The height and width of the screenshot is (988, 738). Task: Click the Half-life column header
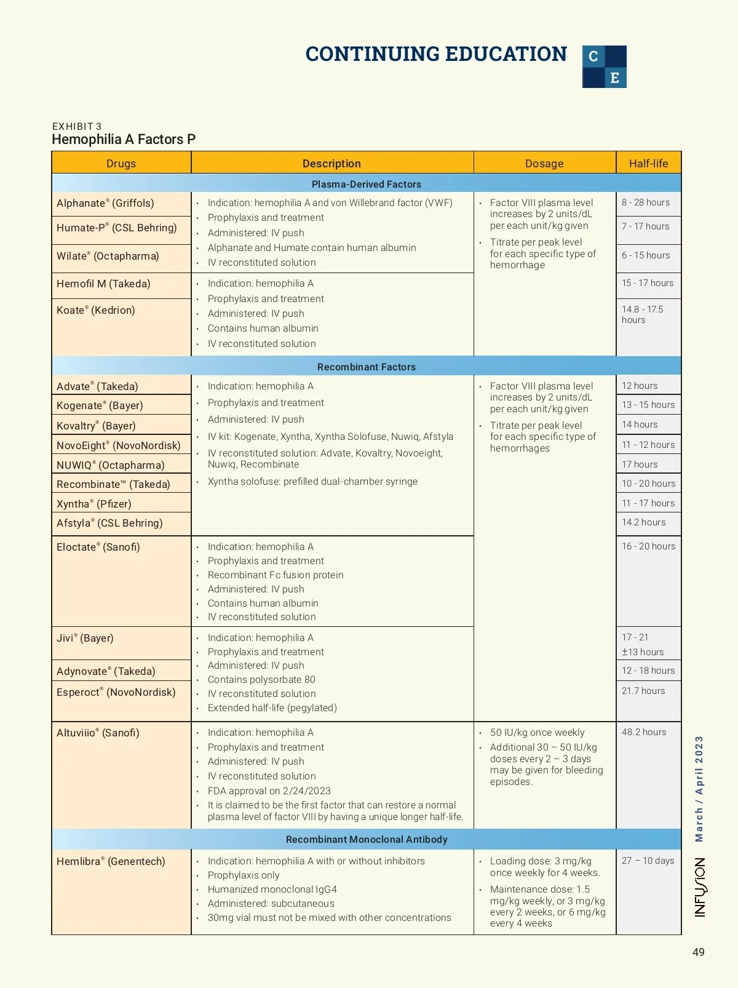(648, 163)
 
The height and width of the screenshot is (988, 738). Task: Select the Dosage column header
(544, 163)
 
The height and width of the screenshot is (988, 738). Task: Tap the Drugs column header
(121, 163)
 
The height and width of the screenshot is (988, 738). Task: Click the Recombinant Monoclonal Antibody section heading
(367, 839)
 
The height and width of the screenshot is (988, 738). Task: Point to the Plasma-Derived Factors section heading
(367, 184)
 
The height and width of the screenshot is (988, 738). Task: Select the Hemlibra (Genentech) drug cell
(111, 861)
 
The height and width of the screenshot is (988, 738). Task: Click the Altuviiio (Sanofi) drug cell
(98, 733)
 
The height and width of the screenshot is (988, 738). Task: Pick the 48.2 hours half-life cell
(644, 732)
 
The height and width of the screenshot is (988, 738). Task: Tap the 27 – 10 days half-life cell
(648, 861)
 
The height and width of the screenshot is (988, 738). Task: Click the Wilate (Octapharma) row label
(108, 256)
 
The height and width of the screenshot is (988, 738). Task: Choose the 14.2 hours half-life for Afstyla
(643, 522)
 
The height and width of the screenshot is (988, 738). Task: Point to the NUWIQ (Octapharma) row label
(111, 465)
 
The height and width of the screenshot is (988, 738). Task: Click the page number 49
(699, 952)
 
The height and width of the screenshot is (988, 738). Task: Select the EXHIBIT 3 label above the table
(77, 126)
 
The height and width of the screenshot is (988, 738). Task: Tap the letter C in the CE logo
(593, 57)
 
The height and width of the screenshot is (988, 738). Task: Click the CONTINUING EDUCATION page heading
(436, 54)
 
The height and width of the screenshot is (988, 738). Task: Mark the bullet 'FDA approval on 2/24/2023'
(269, 791)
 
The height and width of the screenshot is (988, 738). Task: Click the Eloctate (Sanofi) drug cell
(98, 547)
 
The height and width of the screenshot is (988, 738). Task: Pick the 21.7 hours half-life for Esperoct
(643, 691)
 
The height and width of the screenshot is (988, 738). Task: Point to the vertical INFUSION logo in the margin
(700, 887)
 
